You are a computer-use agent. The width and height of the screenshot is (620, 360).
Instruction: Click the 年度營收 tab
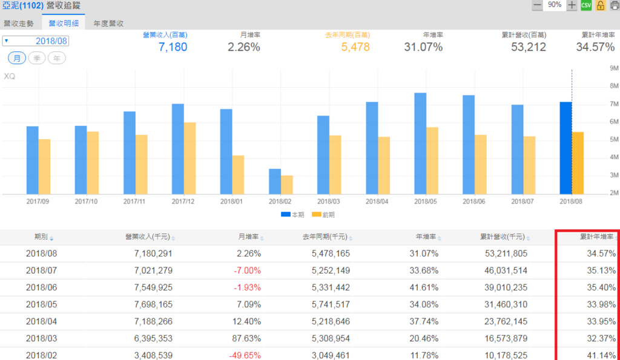point(109,24)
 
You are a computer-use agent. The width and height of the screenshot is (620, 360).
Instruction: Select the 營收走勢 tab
point(19,24)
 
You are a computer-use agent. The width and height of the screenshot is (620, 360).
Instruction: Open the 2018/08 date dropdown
point(36,41)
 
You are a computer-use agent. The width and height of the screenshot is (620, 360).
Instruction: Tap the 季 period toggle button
point(37,58)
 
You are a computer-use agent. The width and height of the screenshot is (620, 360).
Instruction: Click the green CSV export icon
point(586,5)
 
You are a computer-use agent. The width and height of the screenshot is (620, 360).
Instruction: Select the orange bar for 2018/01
point(239,175)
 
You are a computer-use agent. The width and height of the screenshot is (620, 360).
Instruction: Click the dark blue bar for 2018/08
point(566,148)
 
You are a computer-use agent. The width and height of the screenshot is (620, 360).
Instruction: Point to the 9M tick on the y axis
point(613,68)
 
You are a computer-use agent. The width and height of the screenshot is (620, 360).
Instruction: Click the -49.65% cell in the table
point(245,355)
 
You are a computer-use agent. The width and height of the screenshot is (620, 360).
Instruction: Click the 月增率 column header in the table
point(248,237)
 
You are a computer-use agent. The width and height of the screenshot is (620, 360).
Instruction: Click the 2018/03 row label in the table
point(41,338)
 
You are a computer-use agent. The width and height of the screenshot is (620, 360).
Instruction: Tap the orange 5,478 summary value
point(355,47)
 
